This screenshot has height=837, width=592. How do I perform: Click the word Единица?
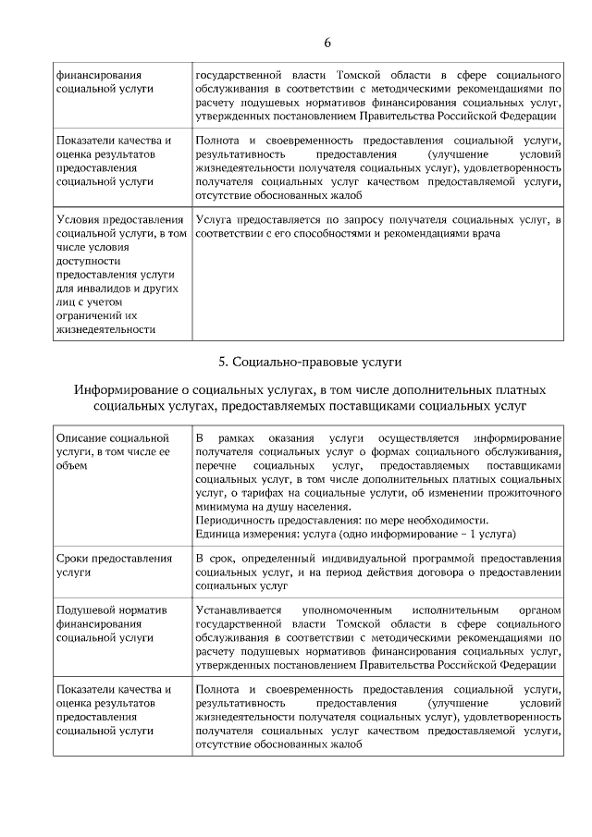[x=217, y=534]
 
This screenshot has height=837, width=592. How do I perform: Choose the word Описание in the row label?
[x=80, y=437]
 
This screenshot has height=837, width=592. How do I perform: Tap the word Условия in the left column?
[x=80, y=219]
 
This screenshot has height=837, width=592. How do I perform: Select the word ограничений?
[x=92, y=315]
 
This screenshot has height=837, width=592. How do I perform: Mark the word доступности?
[x=86, y=261]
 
